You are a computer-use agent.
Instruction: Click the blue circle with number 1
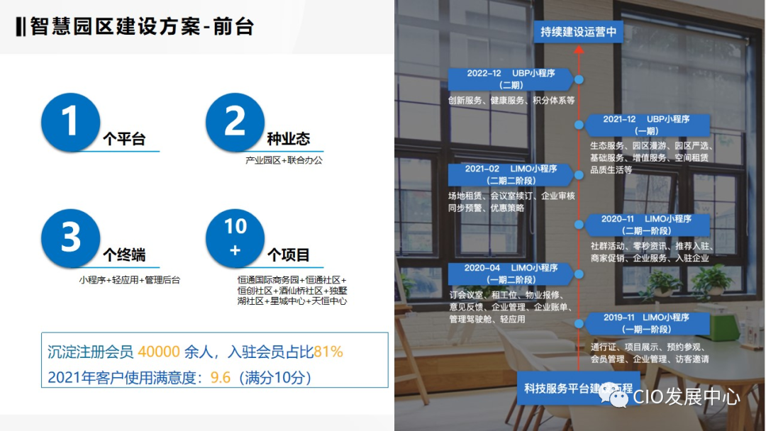click(x=70, y=122)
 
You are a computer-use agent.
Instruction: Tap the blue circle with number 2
click(x=235, y=122)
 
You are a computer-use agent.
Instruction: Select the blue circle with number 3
click(x=70, y=238)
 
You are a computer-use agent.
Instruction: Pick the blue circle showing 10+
click(x=235, y=238)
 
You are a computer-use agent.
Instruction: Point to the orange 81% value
click(x=328, y=352)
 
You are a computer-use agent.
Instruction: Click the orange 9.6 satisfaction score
click(x=221, y=377)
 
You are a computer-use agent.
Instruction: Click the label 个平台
click(x=124, y=140)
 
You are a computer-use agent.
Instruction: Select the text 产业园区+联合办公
click(x=284, y=161)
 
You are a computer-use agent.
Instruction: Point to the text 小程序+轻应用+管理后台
click(x=130, y=280)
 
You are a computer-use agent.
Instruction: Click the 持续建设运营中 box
click(x=578, y=32)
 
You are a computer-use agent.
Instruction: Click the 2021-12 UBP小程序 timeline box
click(x=647, y=125)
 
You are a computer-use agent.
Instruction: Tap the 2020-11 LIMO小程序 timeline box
click(x=647, y=225)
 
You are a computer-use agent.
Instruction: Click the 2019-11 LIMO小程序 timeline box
click(x=647, y=323)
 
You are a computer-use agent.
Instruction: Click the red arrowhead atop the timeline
click(x=579, y=51)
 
